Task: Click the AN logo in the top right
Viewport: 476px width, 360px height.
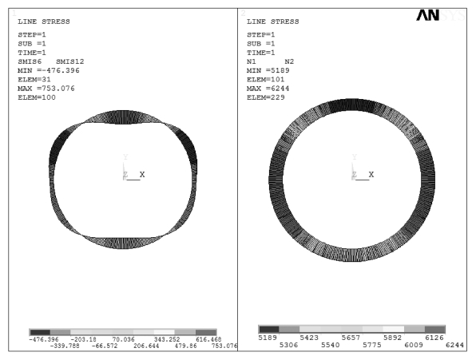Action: pos(427,15)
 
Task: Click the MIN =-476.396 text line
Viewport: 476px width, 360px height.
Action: pos(49,70)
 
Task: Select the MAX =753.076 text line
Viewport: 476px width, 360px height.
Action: pos(46,89)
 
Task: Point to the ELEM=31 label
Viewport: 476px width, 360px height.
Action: pos(34,80)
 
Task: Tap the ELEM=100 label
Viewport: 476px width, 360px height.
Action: pos(37,97)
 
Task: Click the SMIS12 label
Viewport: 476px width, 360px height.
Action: pos(70,61)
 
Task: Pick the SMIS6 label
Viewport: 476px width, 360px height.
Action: pos(30,61)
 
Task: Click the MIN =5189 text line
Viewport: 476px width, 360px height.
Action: pos(268,70)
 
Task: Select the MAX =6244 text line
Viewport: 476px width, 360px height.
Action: pos(268,89)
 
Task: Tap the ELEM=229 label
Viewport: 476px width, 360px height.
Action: pos(266,97)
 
